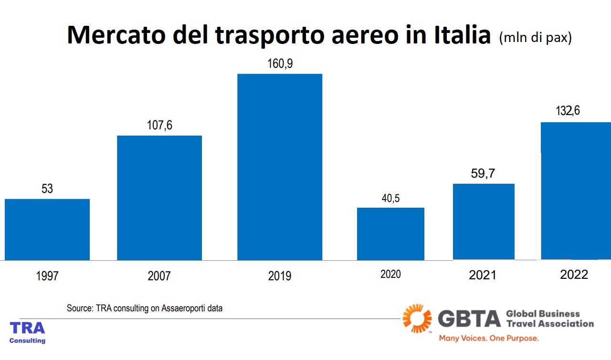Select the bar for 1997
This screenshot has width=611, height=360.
47,229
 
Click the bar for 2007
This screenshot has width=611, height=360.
159,198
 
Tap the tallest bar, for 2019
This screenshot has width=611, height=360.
280,167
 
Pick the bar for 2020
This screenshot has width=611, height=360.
390,233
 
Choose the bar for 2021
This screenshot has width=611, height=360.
484,222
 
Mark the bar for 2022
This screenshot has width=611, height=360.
575,191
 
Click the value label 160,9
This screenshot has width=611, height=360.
280,64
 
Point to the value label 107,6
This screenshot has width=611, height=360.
159,126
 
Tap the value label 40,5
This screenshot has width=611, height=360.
390,198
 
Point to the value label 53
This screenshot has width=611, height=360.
47,189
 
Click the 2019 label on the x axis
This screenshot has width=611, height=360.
280,276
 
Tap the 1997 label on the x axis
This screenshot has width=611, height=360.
47,276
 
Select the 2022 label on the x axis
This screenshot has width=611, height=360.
574,275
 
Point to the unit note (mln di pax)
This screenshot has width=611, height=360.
535,38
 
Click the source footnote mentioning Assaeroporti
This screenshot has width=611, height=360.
145,308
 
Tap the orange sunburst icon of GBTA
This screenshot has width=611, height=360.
417,318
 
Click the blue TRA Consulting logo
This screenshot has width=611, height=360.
28,332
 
